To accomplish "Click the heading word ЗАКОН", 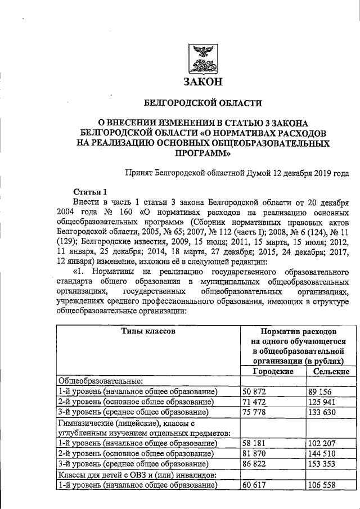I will click(x=203, y=82).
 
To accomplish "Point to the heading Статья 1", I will click(x=89, y=191).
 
